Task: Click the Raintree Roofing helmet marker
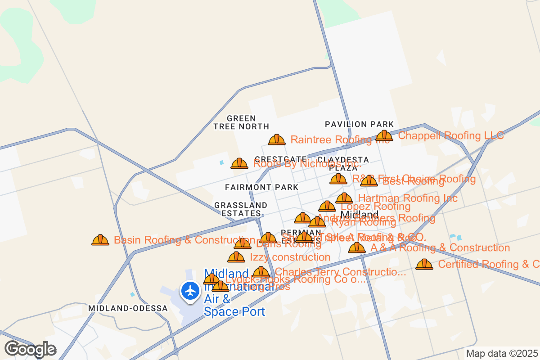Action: tap(277, 139)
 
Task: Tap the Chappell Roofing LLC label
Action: tap(451, 135)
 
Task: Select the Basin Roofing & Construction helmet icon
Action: tap(100, 240)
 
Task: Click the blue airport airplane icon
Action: tap(191, 290)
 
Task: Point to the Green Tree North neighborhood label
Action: tap(241, 122)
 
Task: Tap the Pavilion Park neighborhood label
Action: tap(359, 124)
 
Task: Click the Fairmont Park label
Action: tap(261, 187)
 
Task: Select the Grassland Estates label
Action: tap(241, 209)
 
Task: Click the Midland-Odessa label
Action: tap(128, 308)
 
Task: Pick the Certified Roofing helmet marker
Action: tap(424, 264)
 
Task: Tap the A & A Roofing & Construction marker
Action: tap(357, 247)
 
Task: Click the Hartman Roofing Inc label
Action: tap(408, 198)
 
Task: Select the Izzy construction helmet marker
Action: tap(236, 257)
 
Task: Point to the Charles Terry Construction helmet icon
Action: tap(261, 272)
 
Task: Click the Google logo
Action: tap(30, 349)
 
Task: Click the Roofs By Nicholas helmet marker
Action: tap(239, 163)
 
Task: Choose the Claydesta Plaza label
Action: tap(343, 164)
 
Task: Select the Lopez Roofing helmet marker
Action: tap(327, 207)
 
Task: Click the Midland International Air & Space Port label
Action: tap(234, 292)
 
